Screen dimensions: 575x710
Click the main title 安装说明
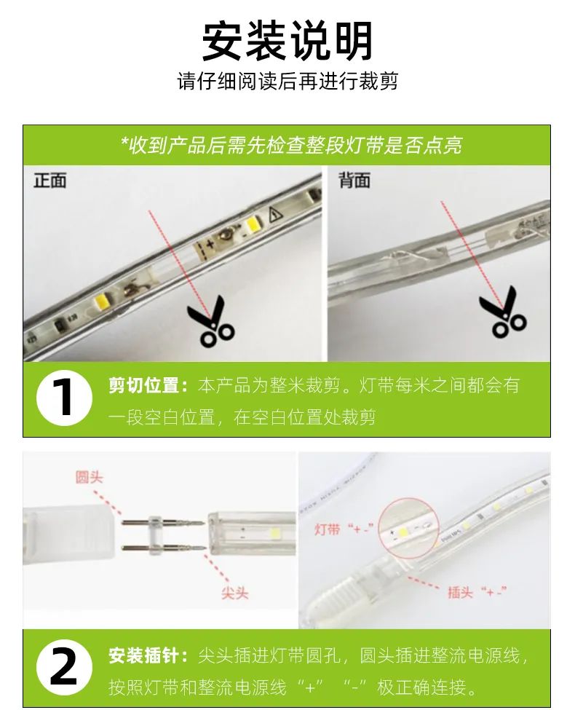click(287, 42)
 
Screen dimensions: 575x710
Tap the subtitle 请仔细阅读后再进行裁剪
click(287, 82)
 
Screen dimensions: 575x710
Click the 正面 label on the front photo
click(50, 180)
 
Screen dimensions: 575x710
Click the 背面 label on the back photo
click(355, 180)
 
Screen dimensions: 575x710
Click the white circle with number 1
click(64, 398)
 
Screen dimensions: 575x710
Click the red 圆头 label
click(90, 477)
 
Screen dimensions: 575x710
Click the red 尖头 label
click(235, 592)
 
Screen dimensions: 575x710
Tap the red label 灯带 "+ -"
click(344, 529)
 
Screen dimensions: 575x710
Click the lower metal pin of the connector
click(164, 548)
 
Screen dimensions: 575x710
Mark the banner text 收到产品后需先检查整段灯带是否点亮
click(291, 146)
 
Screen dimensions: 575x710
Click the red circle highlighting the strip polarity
click(408, 527)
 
